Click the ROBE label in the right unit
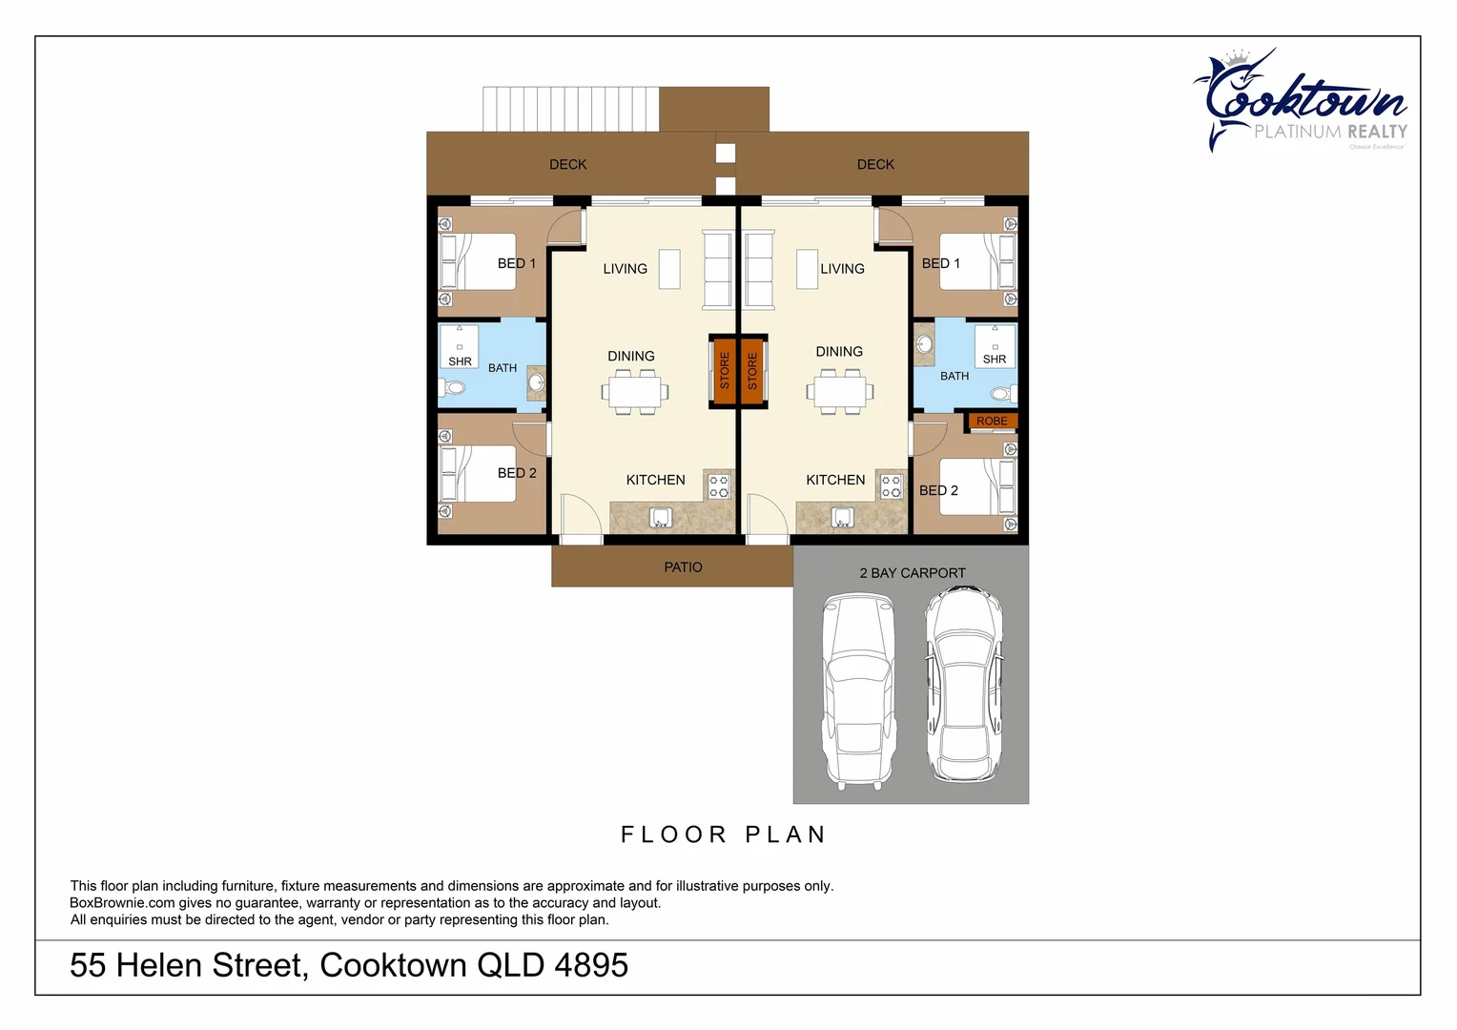point(992,421)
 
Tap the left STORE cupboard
point(724,370)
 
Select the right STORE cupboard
point(752,370)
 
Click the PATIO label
point(683,567)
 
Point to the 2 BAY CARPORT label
point(913,573)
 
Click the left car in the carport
point(858,689)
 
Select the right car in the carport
point(964,684)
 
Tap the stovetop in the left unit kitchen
point(719,486)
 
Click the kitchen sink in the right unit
point(842,518)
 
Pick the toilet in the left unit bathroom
point(452,387)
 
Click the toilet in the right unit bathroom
point(1000,393)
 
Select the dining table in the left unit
point(635,392)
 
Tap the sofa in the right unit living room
point(759,270)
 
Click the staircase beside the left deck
point(570,109)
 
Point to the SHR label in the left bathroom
point(460,361)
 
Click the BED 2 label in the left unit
point(517,473)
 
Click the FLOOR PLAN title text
point(723,834)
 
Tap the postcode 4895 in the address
point(591,965)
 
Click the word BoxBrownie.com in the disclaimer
point(122,903)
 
